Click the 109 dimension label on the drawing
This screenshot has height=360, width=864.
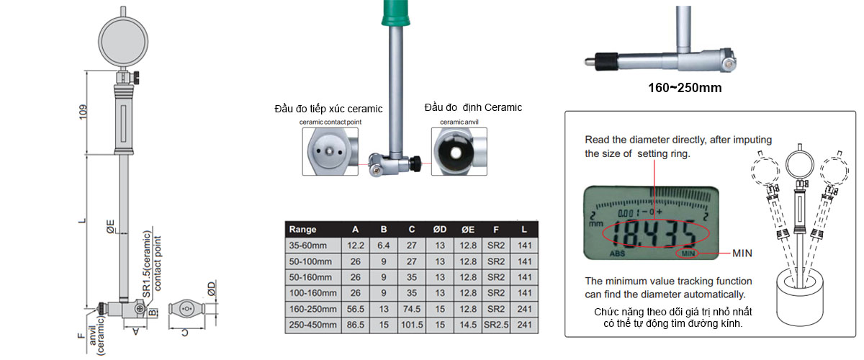[83, 112]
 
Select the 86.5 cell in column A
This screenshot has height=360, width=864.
[355, 325]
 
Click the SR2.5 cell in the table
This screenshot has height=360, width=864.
[495, 325]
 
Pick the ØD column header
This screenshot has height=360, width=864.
[439, 230]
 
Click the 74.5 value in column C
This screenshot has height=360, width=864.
[411, 309]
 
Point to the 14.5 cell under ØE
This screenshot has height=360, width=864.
[468, 325]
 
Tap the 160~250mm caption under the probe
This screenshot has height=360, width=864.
[685, 89]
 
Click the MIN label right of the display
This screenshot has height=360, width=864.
[742, 253]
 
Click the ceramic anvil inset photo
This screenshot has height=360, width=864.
[459, 150]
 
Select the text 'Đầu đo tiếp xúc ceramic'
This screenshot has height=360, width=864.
[328, 109]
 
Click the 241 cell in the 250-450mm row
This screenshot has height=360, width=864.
[525, 325]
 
